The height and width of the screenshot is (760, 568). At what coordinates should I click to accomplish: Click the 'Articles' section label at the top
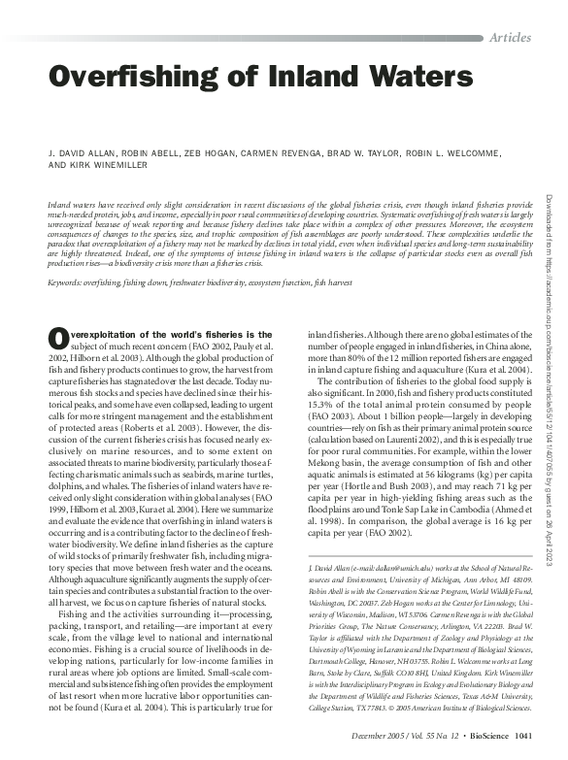tap(510, 37)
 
